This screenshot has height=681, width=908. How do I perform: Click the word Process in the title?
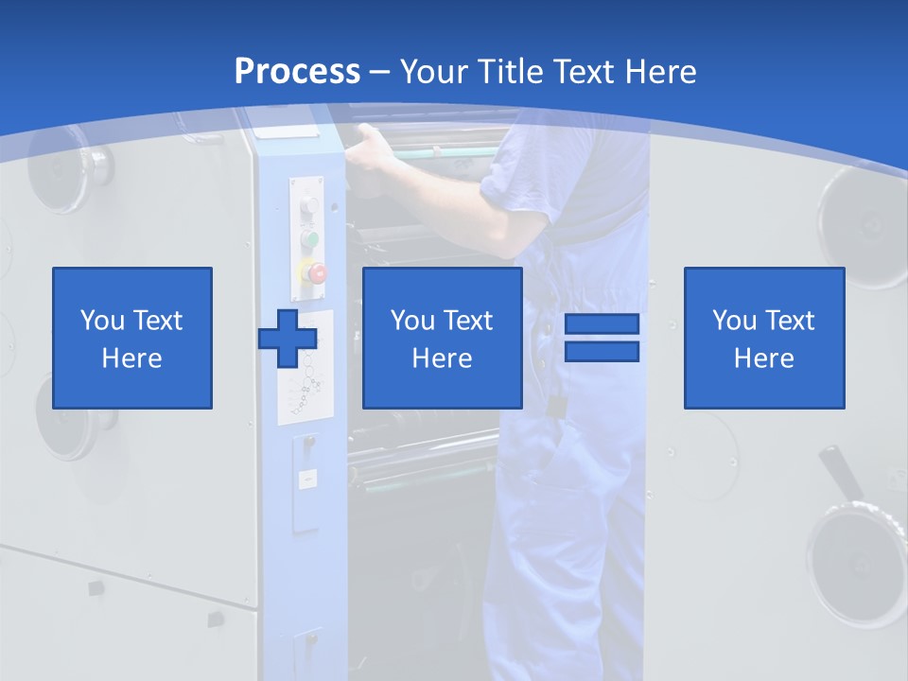point(297,71)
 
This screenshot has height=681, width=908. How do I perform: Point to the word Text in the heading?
point(585,72)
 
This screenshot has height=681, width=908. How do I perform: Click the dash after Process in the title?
point(379,73)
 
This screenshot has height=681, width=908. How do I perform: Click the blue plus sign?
point(288,338)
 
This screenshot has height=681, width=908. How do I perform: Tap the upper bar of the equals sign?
point(602,323)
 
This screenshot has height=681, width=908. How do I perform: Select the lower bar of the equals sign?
point(602,352)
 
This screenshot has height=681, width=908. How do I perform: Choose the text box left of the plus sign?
point(131,338)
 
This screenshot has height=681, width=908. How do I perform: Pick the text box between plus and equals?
point(442,338)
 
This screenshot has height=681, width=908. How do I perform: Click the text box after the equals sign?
point(763,338)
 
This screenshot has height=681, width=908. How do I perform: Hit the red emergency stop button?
point(316,273)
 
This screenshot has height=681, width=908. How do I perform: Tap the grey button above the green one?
point(308,206)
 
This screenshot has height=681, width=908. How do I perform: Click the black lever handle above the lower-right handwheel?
point(842,473)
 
